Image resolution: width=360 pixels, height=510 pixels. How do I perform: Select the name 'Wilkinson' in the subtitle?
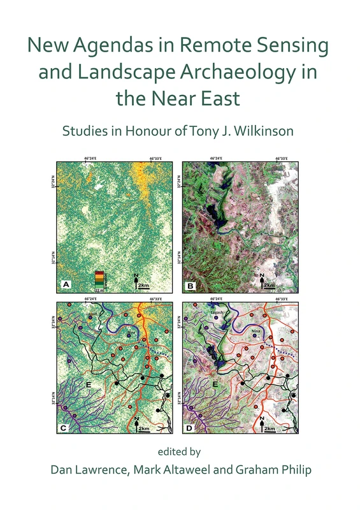270,132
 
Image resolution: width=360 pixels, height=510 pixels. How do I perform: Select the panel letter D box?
190,428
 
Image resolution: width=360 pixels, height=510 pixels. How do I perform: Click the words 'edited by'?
180,451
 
